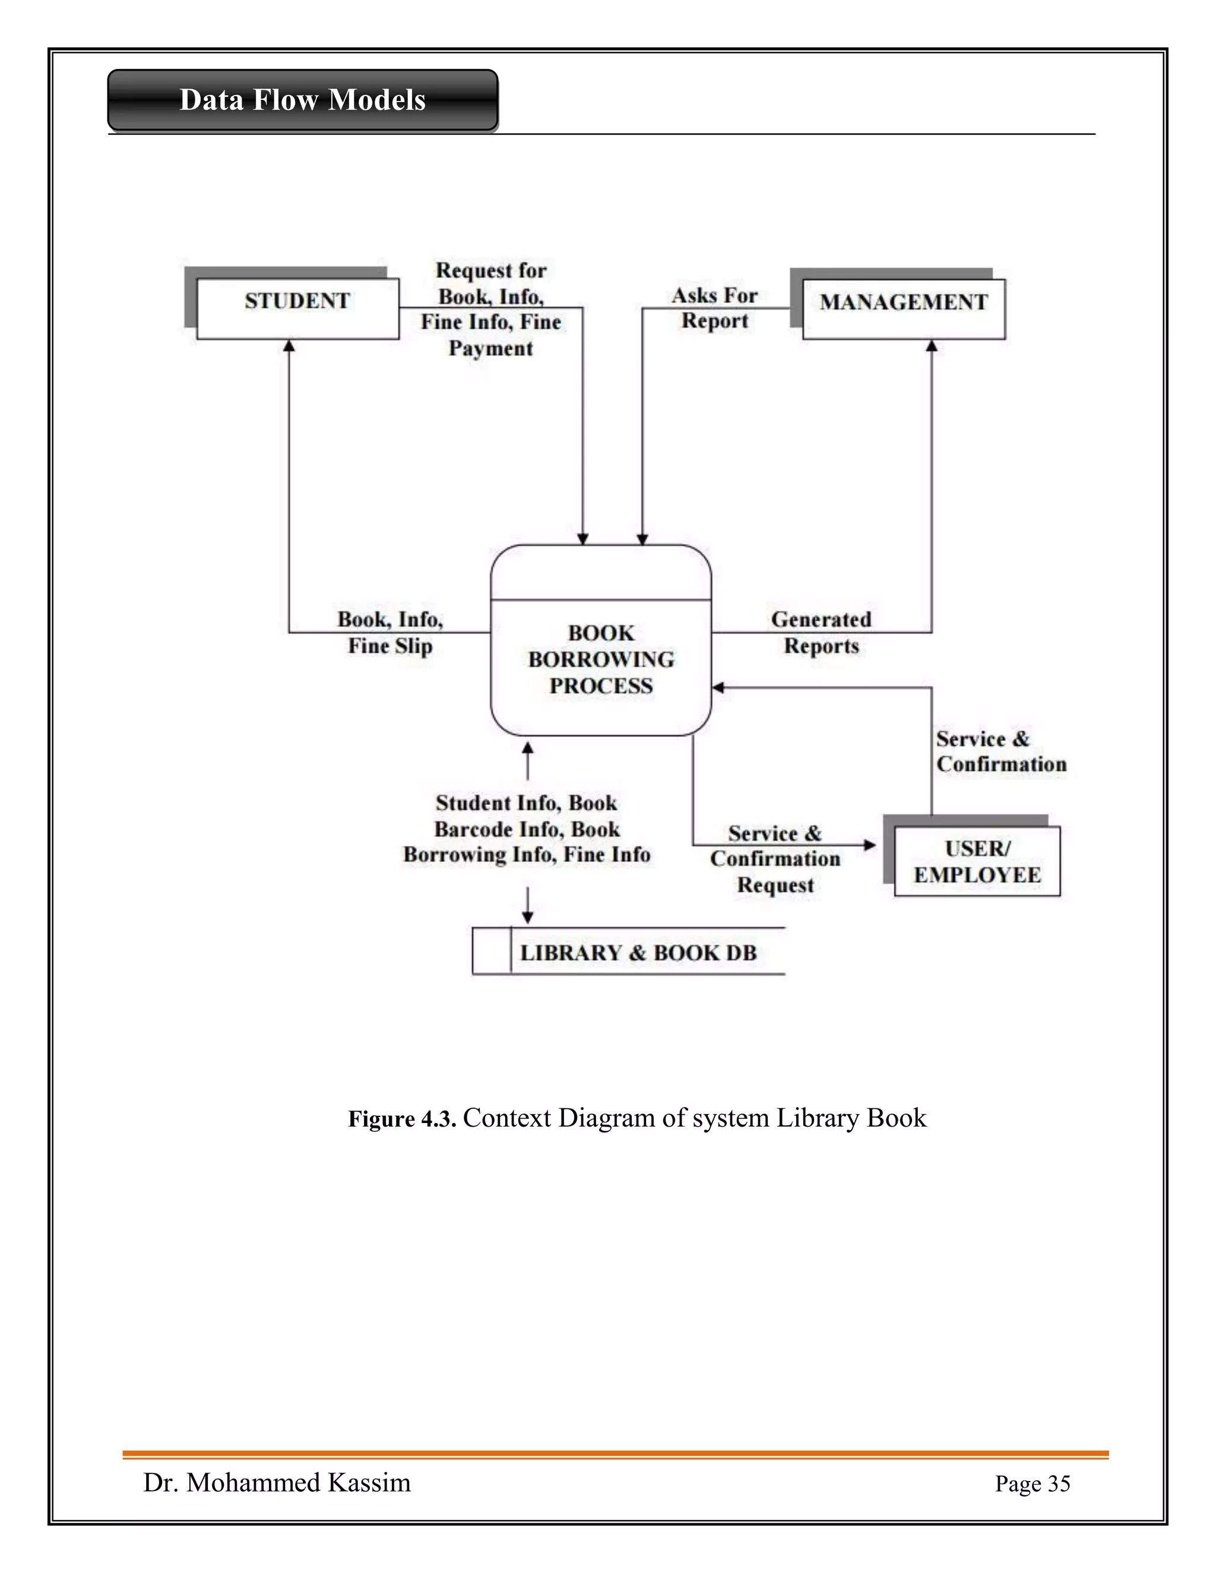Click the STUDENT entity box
point(297,308)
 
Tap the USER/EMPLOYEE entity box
point(977,861)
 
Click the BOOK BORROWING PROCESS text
point(601,659)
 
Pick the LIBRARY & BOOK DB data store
point(638,952)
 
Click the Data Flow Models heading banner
point(303,100)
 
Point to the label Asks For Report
point(715,308)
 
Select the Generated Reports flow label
point(821,632)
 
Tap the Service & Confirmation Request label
point(775,858)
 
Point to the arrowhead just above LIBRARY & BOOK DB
point(527,917)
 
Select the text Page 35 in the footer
point(1033,1484)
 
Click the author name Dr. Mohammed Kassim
point(277,1482)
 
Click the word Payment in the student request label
point(490,348)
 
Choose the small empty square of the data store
point(491,952)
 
